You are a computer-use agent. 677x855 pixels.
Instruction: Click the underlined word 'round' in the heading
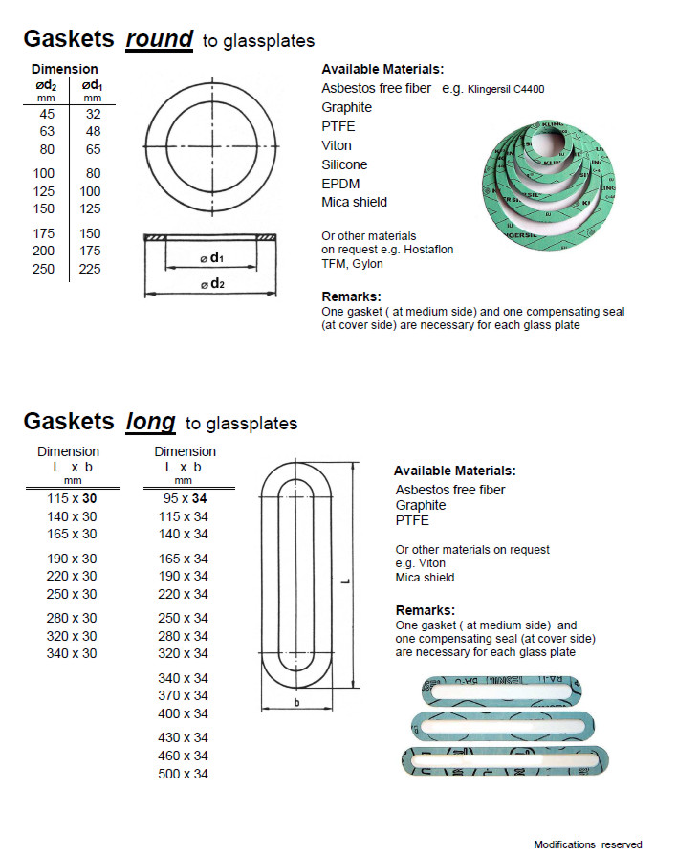pyautogui.click(x=159, y=40)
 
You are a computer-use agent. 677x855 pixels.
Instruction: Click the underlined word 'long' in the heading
pyautogui.click(x=150, y=422)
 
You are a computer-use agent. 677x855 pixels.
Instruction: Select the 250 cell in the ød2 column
pyautogui.click(x=45, y=269)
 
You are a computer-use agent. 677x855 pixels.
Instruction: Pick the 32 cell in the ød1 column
pyautogui.click(x=92, y=112)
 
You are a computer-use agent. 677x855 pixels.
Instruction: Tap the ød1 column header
pyautogui.click(x=92, y=84)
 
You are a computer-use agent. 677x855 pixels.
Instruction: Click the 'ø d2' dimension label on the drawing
pyautogui.click(x=211, y=283)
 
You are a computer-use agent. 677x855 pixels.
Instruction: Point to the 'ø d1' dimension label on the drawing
pyautogui.click(x=211, y=258)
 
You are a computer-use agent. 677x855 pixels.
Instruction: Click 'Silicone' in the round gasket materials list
pyautogui.click(x=344, y=164)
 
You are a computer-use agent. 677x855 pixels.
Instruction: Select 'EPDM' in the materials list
pyautogui.click(x=340, y=184)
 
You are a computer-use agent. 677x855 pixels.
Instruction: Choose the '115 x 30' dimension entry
pyautogui.click(x=72, y=498)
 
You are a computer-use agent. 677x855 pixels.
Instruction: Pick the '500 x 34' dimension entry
pyautogui.click(x=183, y=774)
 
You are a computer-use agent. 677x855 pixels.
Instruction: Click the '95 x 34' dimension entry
pyautogui.click(x=183, y=498)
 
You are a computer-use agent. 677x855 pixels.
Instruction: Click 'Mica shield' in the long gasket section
pyautogui.click(x=425, y=577)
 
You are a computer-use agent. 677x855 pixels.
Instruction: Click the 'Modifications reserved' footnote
pyautogui.click(x=587, y=844)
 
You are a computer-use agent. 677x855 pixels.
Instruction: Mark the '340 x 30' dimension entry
pyautogui.click(x=72, y=653)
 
